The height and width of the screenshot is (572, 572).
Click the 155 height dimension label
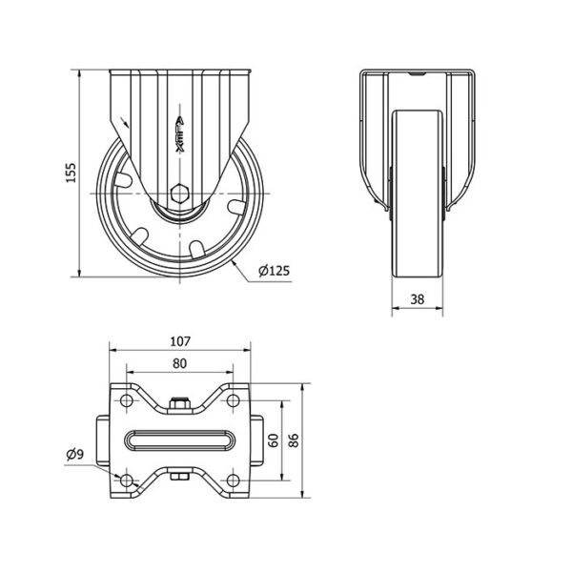pyautogui.click(x=71, y=173)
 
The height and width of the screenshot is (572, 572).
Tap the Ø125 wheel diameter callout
pyautogui.click(x=274, y=271)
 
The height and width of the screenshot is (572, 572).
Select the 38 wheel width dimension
pyautogui.click(x=418, y=299)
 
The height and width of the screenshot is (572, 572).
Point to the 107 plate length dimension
pyautogui.click(x=180, y=341)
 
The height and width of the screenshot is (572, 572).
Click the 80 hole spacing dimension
pyautogui.click(x=179, y=363)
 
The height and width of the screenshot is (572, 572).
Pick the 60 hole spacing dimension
pyautogui.click(x=274, y=440)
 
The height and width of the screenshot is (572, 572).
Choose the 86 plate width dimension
pyautogui.click(x=294, y=440)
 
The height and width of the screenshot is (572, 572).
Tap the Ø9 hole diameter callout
pyautogui.click(x=75, y=454)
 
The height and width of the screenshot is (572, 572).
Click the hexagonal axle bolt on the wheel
pyautogui.click(x=179, y=193)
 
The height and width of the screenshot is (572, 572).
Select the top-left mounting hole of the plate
pyautogui.click(x=126, y=400)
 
